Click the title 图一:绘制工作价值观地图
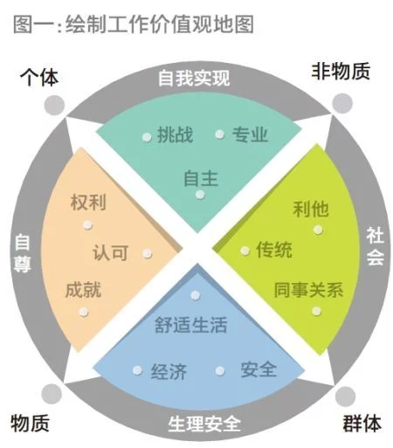pos(134,24)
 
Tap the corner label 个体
pos(39,78)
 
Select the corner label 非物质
pos(341,72)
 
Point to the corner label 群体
pos(362,424)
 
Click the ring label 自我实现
pos(194,78)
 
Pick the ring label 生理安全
pos(204,424)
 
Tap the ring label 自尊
pos(22,253)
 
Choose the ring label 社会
pos(375,246)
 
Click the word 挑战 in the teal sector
pos(175,135)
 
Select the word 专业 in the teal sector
pos(250,134)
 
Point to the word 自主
pos(201,178)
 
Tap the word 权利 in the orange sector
pos(88,202)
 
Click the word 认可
pos(111,252)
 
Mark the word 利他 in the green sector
pos(311,209)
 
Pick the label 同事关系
pos(308,290)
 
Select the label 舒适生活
pos(190,325)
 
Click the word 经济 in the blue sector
pos(169,371)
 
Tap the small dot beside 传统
pos(245,251)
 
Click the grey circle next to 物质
pos(52,394)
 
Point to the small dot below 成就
pos(84,312)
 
